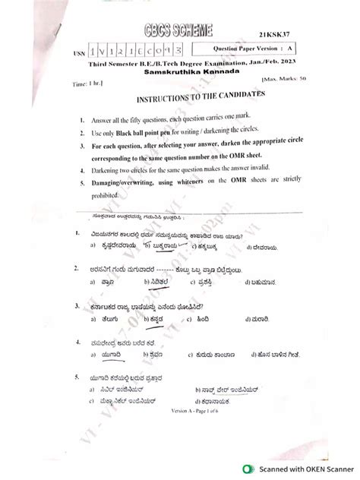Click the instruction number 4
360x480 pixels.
coord(81,170)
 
